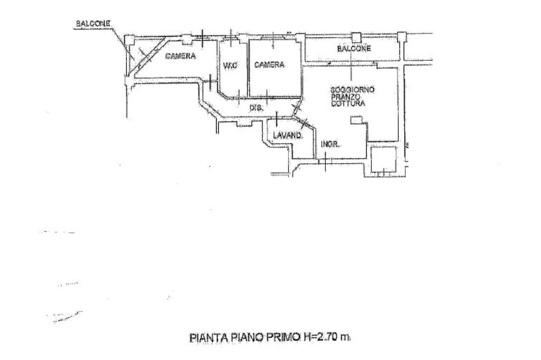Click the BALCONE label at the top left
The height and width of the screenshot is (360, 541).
[93, 24]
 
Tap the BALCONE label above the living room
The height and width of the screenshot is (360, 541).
[354, 49]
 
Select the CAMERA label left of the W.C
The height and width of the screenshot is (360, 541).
[181, 56]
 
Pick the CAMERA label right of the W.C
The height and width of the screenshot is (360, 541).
[269, 65]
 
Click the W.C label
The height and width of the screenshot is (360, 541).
[229, 65]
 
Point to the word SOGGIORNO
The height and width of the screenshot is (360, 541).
[352, 90]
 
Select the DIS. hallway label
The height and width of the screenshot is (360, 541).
[257, 108]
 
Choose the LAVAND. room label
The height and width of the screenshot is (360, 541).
[288, 136]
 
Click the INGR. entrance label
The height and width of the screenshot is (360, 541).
[330, 144]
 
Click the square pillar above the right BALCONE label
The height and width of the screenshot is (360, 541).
[357, 37]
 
